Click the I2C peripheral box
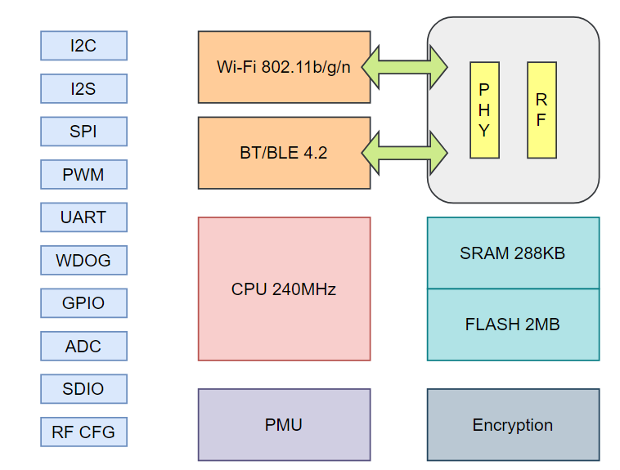point(83,46)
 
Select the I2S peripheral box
point(83,88)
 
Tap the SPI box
point(83,132)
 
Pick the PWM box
point(83,174)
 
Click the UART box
point(83,217)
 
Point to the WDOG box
point(83,261)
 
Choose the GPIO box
point(83,303)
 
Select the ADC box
point(83,347)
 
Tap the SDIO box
point(83,389)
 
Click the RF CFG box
point(83,432)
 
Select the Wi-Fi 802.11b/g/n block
point(284,67)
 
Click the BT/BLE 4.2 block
point(284,153)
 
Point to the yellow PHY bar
point(484,110)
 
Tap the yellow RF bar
point(541,110)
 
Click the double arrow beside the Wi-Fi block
point(404,67)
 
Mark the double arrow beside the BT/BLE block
point(404,153)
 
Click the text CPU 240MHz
point(284,289)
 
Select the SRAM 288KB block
point(513,253)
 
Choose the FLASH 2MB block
point(513,325)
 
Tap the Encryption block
point(513,425)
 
